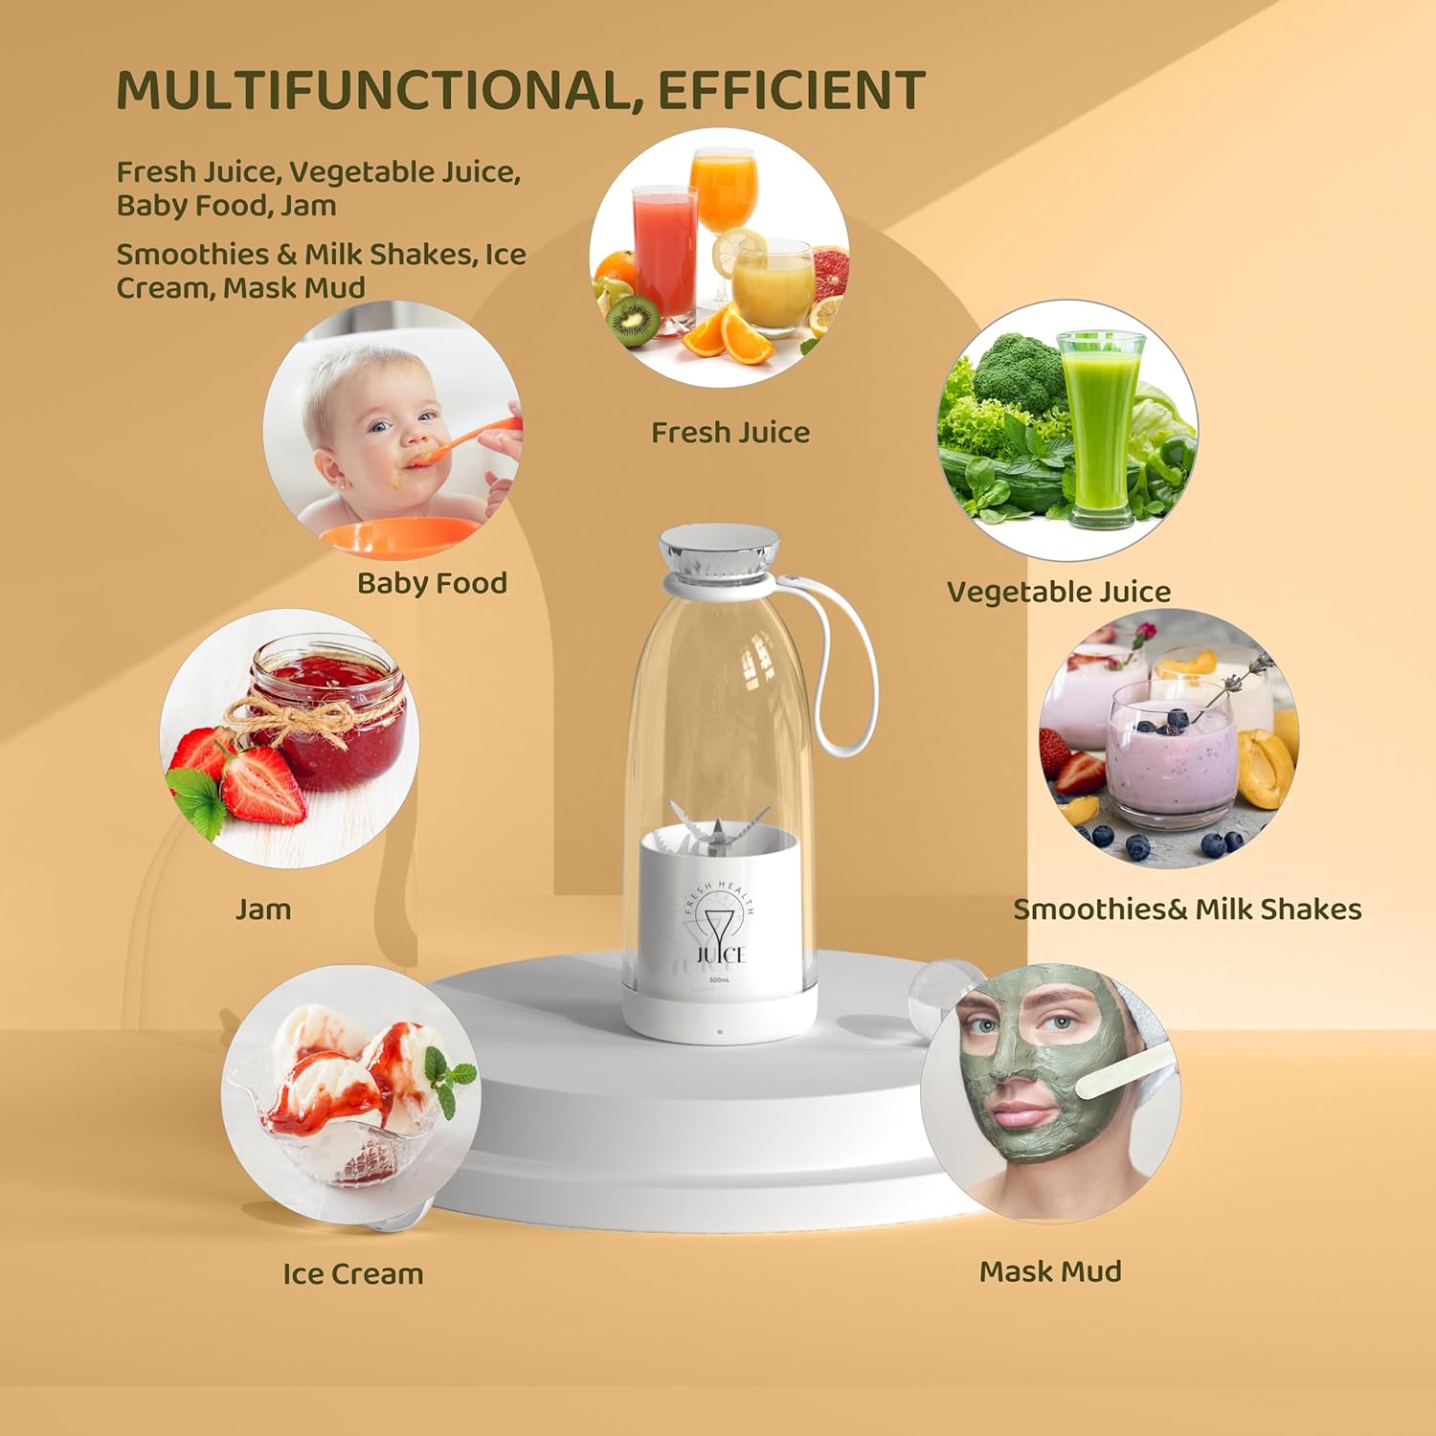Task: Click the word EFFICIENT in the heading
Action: [x=791, y=91]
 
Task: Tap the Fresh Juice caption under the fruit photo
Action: [x=730, y=433]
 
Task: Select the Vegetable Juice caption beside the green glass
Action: [x=1058, y=592]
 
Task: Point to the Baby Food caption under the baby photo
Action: [x=432, y=583]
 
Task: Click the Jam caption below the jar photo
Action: [x=263, y=909]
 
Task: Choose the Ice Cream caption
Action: [x=352, y=1274]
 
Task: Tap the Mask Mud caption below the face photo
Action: [x=1050, y=1271]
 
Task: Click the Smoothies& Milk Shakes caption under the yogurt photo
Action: [x=1187, y=909]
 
